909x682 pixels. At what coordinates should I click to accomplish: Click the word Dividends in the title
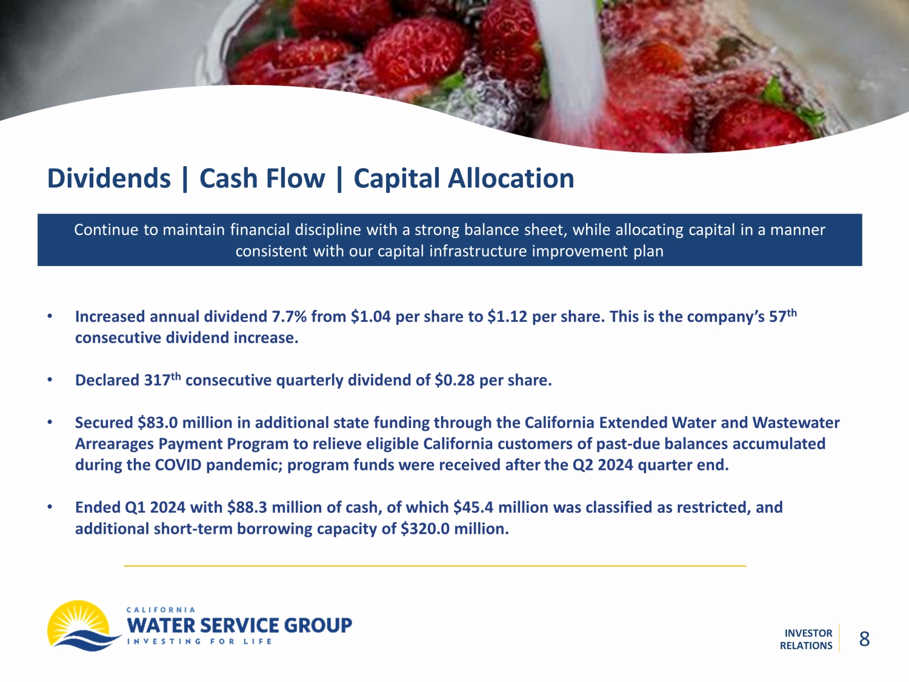[x=109, y=178]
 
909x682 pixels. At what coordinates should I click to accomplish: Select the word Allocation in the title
[x=511, y=178]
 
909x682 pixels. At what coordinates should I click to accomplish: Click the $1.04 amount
[x=371, y=317]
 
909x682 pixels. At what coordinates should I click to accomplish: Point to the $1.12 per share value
[x=507, y=317]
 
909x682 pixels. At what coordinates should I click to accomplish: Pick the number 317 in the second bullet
[x=157, y=380]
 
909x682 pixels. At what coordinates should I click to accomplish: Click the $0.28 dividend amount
[x=454, y=380]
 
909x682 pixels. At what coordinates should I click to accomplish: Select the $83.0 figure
[x=158, y=423]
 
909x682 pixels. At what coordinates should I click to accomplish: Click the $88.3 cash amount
[x=247, y=507]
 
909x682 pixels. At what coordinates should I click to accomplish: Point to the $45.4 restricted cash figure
[x=473, y=507]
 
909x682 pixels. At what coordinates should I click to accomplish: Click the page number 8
[x=864, y=639]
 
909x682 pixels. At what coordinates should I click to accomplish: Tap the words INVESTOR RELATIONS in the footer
[x=806, y=640]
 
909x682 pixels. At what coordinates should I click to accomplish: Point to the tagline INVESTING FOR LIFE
[x=199, y=642]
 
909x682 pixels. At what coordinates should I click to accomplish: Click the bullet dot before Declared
[x=50, y=379]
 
